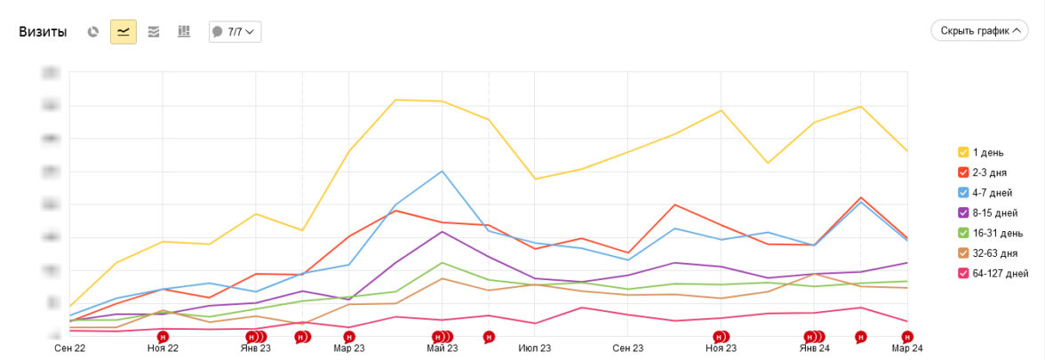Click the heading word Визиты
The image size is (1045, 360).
tap(43, 32)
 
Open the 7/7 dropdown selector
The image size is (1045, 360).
tap(235, 32)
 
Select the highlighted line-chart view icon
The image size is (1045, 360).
tap(124, 32)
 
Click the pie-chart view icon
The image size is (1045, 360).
tap(93, 32)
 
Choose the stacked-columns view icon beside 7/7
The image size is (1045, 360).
tap(184, 32)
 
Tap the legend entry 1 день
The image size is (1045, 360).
tap(987, 153)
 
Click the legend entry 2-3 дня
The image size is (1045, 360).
tap(989, 172)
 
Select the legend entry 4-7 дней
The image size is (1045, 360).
tap(991, 193)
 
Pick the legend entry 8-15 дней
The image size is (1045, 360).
tap(993, 213)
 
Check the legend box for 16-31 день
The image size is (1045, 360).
tap(963, 233)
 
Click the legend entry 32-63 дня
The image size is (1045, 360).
tap(993, 253)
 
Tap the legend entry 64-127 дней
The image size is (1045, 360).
tap(995, 273)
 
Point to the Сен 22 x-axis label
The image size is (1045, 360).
tap(70, 348)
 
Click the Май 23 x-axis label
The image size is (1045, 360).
tap(442, 348)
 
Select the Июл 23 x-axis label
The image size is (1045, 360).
tap(534, 348)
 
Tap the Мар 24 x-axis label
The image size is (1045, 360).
tap(907, 348)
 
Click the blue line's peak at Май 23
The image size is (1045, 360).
tap(442, 171)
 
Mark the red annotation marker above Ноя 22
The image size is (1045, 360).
tap(163, 337)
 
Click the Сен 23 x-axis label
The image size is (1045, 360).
tap(627, 348)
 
